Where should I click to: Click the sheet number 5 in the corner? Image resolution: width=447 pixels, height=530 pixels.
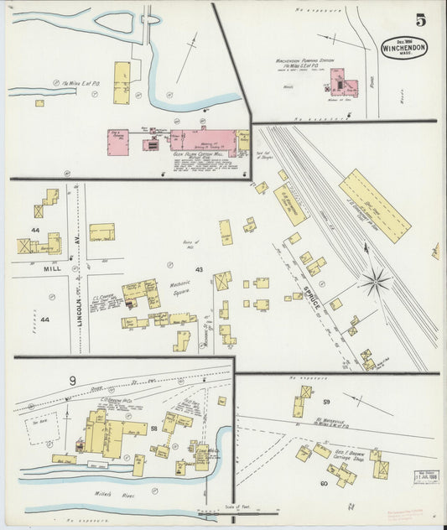click(x=419, y=19)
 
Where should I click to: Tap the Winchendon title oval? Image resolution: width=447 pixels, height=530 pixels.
click(x=404, y=48)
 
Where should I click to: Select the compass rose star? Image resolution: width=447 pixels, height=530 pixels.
click(x=376, y=280)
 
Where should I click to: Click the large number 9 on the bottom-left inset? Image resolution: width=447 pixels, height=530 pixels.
click(x=73, y=382)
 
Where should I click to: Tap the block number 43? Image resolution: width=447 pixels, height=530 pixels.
click(x=199, y=269)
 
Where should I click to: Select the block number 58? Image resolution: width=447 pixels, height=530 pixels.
click(x=153, y=429)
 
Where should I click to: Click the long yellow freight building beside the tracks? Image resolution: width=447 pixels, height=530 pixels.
click(x=374, y=205)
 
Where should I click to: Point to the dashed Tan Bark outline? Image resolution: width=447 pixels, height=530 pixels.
click(x=40, y=428)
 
